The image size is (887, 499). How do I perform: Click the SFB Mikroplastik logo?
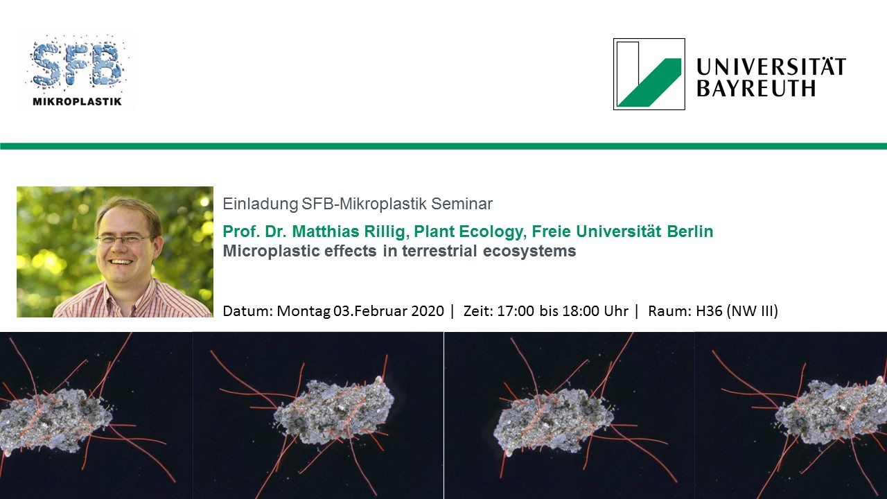point(77,71)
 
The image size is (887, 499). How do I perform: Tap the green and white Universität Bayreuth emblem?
point(649,74)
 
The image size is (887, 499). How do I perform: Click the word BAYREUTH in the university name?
point(756,89)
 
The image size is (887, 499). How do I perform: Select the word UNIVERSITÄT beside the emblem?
point(771,66)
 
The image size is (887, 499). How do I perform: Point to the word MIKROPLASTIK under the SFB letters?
point(77,102)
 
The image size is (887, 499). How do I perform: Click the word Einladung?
point(260,204)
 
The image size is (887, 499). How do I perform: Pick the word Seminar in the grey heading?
point(462,204)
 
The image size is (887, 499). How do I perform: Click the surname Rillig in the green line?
point(386,231)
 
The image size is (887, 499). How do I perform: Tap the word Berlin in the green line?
point(690,231)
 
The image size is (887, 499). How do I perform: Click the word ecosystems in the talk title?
point(529,252)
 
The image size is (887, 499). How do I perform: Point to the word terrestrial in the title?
point(439,251)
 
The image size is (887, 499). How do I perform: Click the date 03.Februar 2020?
point(389,311)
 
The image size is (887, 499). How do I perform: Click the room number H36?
point(709,311)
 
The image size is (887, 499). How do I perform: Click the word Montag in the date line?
point(304,312)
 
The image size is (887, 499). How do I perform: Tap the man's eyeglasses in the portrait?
point(124,239)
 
